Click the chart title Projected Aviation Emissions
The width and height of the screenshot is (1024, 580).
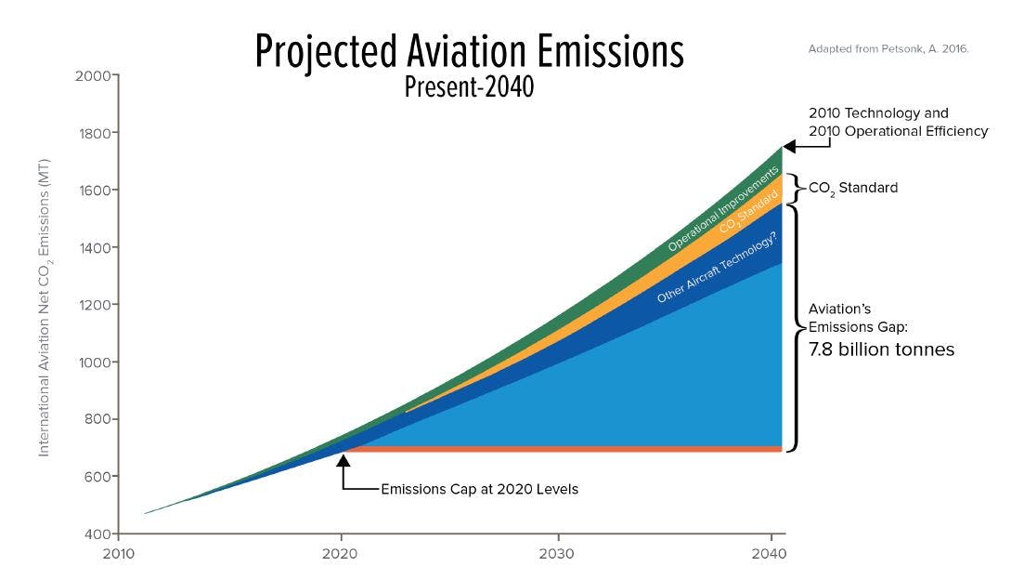point(469,52)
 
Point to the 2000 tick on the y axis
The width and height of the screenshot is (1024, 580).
point(95,75)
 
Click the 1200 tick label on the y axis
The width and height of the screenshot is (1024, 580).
point(95,305)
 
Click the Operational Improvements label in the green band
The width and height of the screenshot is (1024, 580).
point(723,210)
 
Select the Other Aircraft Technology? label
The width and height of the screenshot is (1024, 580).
point(717,268)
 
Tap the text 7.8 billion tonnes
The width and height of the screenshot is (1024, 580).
point(881,350)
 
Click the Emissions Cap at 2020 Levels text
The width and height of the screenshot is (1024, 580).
point(479,489)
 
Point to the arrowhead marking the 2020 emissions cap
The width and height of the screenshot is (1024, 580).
point(343,459)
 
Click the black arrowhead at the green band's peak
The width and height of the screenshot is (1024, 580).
point(791,146)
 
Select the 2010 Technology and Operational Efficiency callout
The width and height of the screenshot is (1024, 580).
point(898,122)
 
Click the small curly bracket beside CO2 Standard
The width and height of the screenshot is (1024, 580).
point(795,188)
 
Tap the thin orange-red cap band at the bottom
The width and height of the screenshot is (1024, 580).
point(557,449)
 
